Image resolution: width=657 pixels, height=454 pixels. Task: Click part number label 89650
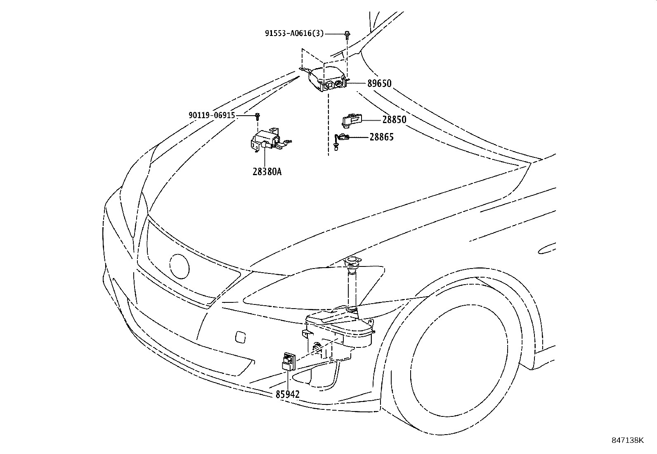click(x=379, y=83)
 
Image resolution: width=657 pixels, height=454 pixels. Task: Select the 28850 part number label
click(x=394, y=119)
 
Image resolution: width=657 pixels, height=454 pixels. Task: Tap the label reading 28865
click(x=382, y=137)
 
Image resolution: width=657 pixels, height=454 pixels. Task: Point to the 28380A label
click(x=267, y=171)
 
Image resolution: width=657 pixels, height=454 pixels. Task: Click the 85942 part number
click(x=287, y=394)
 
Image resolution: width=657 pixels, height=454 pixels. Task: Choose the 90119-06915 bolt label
click(x=212, y=115)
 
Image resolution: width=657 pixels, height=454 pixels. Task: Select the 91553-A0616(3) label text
click(x=294, y=33)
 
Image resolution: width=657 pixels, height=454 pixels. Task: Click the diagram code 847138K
click(x=627, y=440)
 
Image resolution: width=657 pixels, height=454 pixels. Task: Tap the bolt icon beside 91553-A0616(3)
click(x=347, y=34)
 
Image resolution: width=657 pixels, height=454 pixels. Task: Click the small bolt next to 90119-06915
click(x=258, y=116)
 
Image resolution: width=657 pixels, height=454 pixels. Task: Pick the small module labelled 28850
click(x=351, y=120)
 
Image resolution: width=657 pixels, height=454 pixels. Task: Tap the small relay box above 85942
click(x=289, y=361)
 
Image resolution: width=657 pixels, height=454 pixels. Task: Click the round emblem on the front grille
click(x=180, y=266)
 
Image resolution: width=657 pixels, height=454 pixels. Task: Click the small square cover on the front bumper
click(x=240, y=337)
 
